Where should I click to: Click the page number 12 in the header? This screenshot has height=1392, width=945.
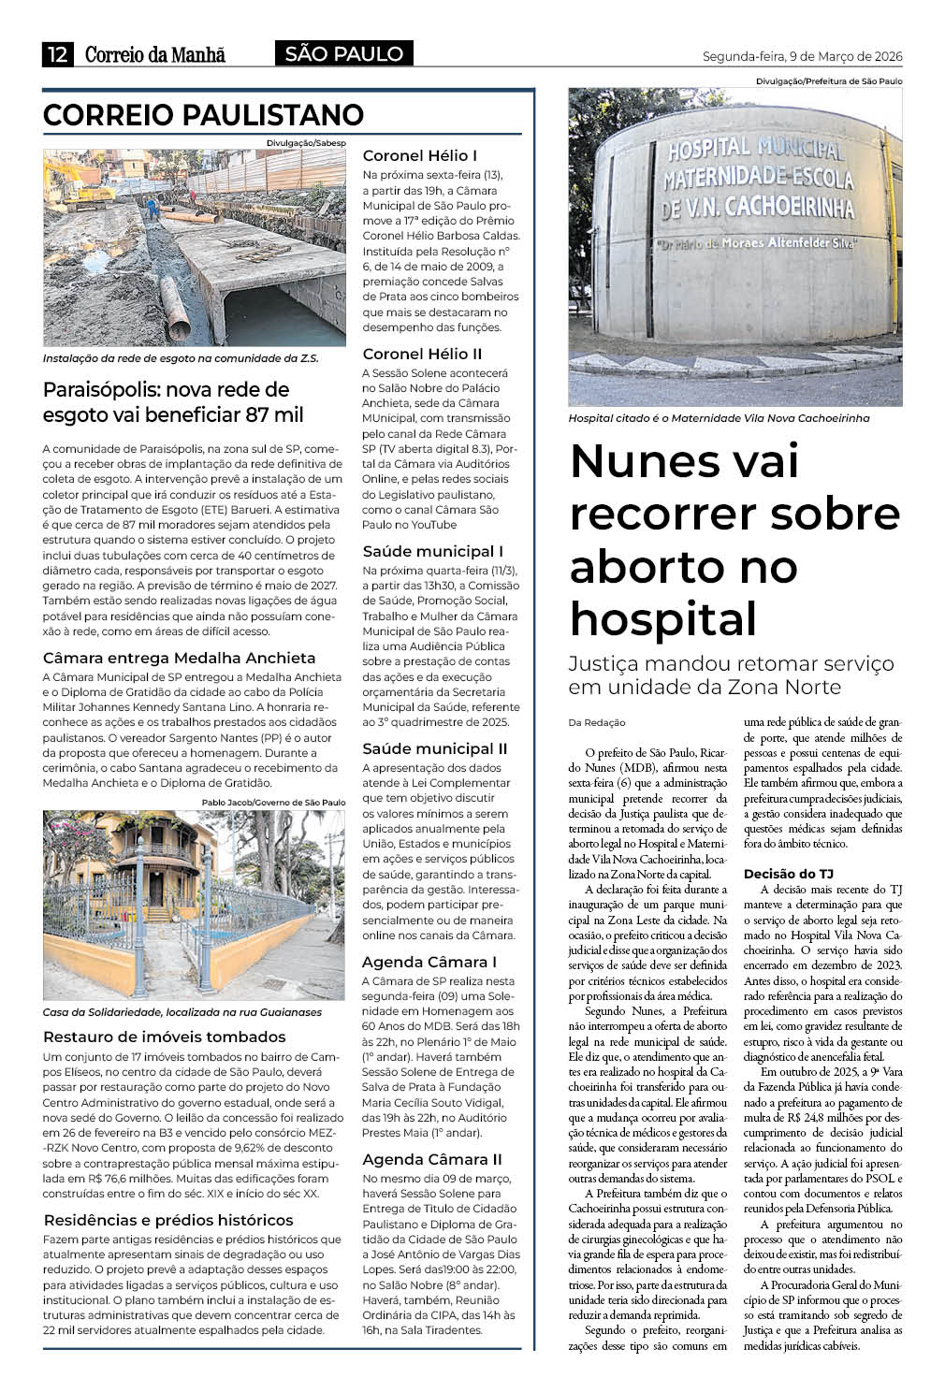[57, 55]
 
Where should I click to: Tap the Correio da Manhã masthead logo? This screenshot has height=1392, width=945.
[155, 55]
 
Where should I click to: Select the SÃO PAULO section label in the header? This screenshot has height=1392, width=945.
[343, 54]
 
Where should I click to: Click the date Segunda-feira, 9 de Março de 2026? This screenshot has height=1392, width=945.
[802, 57]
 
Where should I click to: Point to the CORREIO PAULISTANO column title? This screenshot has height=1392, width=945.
[203, 115]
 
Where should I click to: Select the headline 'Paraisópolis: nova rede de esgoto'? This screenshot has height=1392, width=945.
[173, 402]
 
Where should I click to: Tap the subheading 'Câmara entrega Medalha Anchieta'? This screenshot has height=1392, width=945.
[180, 658]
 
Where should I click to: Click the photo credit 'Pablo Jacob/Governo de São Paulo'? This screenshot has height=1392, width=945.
[273, 802]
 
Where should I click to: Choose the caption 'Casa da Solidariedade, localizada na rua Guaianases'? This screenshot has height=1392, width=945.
[182, 1012]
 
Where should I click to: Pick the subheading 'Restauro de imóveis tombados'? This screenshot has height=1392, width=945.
[165, 1037]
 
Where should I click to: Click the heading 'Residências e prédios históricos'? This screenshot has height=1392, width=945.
[168, 1220]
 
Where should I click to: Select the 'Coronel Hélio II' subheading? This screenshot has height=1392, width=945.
[422, 354]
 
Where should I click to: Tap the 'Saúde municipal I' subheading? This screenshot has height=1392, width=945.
[432, 551]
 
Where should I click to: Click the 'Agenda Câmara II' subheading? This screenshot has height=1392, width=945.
[432, 1159]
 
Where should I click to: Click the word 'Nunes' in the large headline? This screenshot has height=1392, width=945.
[643, 460]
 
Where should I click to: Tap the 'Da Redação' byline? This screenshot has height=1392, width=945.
[596, 722]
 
